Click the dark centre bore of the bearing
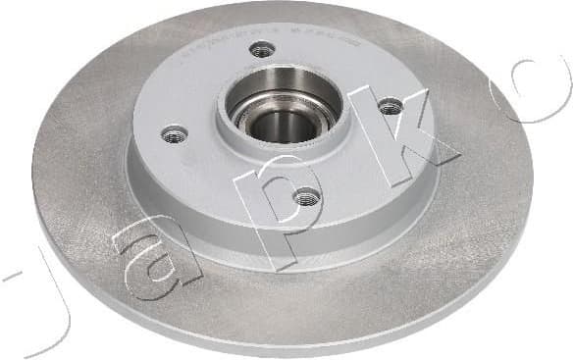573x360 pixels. (286, 125)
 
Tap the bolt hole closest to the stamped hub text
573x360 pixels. (261, 49)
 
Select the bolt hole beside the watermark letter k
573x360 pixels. (390, 106)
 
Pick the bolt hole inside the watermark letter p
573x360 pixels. (306, 196)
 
